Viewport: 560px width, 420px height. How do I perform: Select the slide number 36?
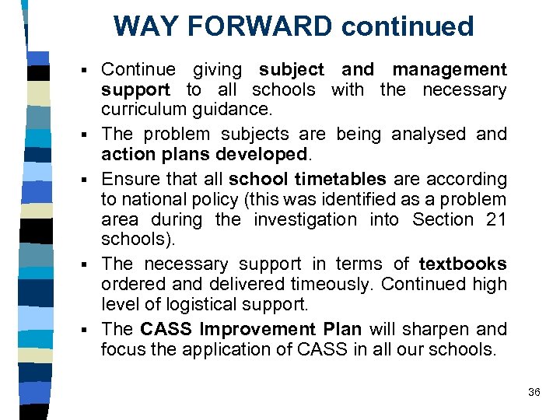(x=534, y=393)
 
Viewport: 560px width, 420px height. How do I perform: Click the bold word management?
(x=449, y=70)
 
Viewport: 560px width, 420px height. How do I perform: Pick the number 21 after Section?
(x=495, y=220)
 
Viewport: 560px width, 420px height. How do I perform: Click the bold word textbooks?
(x=463, y=264)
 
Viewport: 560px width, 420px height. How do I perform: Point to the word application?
(x=211, y=349)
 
